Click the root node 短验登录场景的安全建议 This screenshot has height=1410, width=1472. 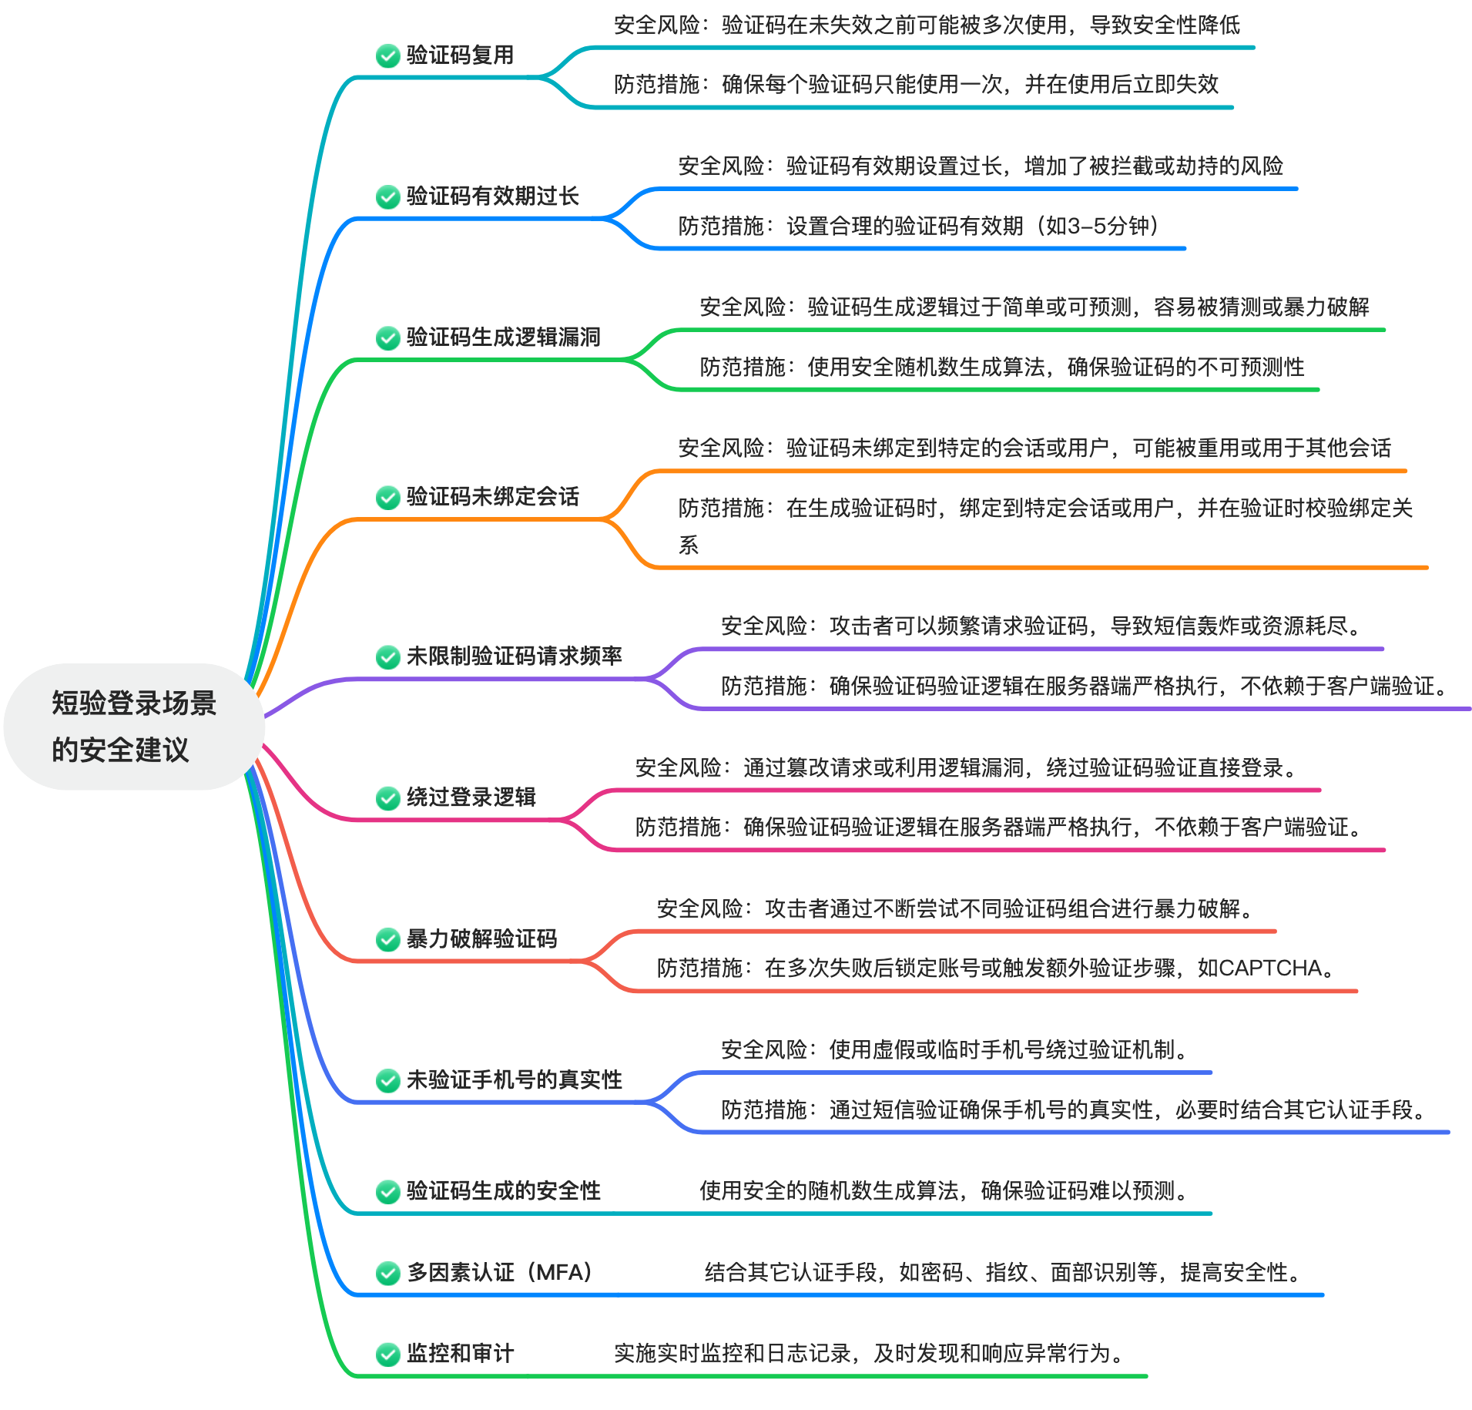133,726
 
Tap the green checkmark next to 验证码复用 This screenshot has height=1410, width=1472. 387,55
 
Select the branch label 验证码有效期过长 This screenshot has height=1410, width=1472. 492,196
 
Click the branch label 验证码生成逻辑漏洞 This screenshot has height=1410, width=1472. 503,337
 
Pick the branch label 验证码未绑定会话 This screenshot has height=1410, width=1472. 492,497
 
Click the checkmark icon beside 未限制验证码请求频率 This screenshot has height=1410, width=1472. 387,656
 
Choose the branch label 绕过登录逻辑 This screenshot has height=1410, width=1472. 471,797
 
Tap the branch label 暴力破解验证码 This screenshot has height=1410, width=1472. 481,939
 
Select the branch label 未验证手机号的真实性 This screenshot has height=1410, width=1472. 514,1080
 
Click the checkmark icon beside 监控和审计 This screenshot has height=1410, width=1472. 387,1354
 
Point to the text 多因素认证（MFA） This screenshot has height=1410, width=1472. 499,1272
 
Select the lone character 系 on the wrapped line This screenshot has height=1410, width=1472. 688,546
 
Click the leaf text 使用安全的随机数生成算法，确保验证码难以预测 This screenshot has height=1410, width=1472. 944,1191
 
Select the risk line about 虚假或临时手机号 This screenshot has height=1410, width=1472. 955,1050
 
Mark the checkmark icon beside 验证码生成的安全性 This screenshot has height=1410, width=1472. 387,1191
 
